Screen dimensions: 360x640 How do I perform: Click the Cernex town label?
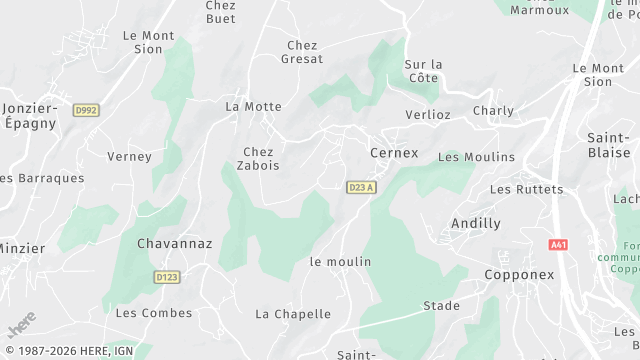point(394,153)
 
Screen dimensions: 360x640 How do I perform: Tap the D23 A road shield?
point(361,187)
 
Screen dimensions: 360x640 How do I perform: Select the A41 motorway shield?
point(558,244)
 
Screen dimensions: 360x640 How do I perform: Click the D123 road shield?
point(167,276)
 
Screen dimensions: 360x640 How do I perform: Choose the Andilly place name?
point(476,223)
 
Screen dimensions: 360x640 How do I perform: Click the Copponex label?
point(519,274)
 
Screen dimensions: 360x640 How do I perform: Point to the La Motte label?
point(253,105)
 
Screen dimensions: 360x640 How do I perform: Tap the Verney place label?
point(129,156)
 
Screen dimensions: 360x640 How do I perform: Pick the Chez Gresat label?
point(304,52)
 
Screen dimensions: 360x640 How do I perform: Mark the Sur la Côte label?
point(422,72)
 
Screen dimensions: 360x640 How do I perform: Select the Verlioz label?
point(428,115)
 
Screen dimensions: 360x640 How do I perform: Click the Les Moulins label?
point(476,157)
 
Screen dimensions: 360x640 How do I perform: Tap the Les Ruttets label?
point(526,189)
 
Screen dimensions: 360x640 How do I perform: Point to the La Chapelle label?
point(292,314)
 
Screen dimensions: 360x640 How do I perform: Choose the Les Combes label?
point(153,313)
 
